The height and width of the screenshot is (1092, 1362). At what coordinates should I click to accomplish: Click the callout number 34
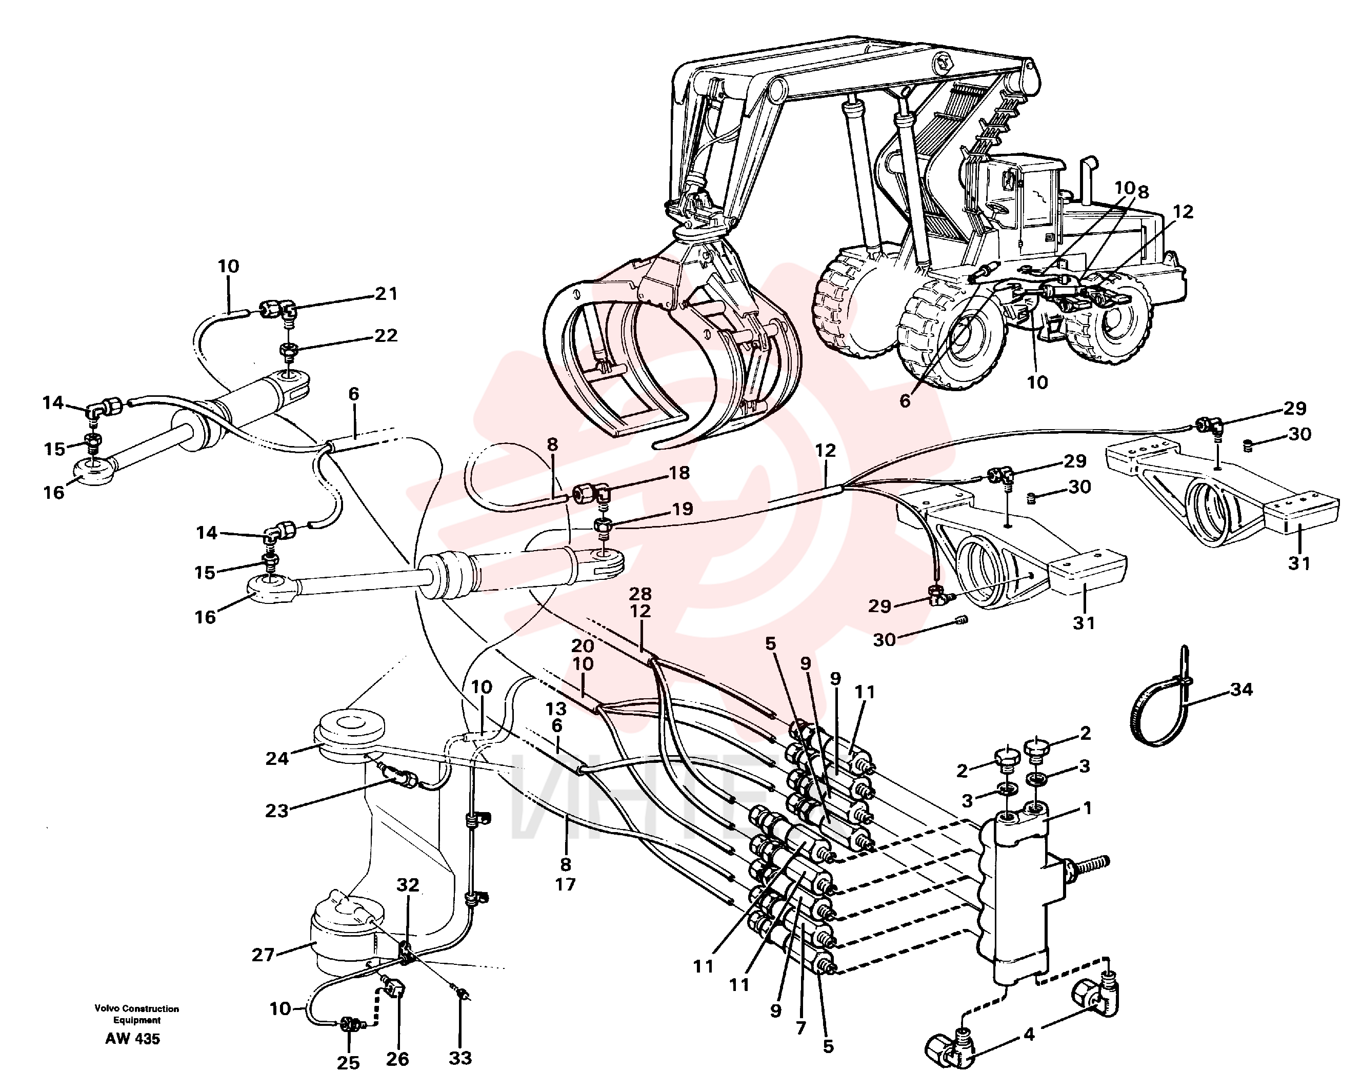1241,689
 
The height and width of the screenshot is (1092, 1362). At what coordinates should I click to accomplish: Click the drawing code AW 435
133,1039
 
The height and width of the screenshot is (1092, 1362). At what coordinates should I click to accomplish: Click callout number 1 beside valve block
1087,808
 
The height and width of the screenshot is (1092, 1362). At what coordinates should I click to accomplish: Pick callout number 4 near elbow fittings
1030,1035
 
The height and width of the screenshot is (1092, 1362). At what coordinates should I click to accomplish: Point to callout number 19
682,509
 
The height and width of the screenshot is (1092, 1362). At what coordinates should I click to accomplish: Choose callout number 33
460,1058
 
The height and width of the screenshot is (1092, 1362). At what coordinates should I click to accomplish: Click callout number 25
348,1063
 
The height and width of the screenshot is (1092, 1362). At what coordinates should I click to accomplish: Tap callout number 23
277,811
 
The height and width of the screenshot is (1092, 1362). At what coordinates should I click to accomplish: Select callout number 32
408,885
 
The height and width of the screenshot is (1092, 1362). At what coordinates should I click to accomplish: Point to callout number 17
566,884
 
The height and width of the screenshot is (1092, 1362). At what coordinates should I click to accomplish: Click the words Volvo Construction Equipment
137,1014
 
